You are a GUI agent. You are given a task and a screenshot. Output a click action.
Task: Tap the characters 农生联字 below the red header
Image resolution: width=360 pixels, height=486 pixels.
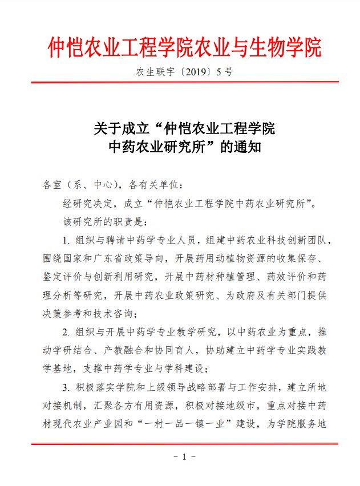click(x=155, y=72)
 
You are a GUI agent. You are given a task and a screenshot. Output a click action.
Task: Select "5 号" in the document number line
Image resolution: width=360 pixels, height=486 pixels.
click(x=225, y=72)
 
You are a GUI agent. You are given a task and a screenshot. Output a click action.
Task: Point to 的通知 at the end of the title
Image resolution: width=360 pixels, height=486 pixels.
click(x=240, y=147)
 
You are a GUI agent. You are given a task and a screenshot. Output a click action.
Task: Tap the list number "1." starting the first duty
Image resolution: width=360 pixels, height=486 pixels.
click(x=66, y=239)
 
